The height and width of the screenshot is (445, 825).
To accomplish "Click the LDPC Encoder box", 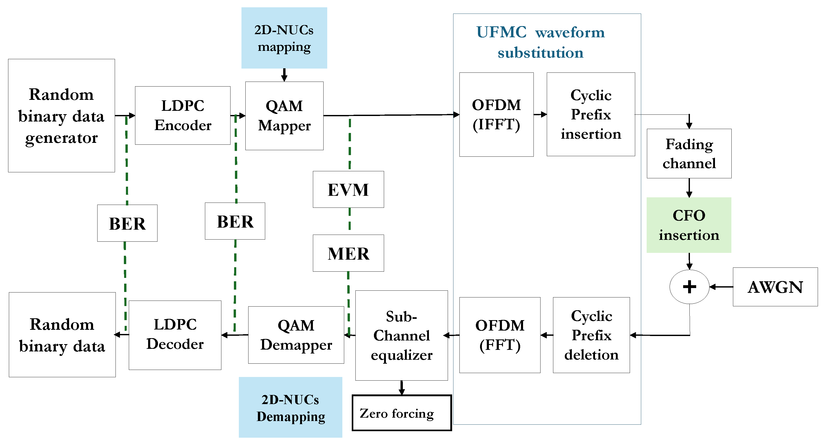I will tap(183, 115).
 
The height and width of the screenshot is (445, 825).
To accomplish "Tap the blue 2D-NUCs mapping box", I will tap(284, 38).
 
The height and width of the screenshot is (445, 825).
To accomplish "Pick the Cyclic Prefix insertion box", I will tap(591, 114).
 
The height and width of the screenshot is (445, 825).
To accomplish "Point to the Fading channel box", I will tap(689, 153).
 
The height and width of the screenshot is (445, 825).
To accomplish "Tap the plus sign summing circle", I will tap(689, 286).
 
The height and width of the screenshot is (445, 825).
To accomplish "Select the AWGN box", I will tap(775, 287).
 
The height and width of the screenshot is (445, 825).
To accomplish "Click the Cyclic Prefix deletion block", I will tap(591, 335).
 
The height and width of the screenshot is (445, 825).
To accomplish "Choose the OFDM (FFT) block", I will tap(500, 335).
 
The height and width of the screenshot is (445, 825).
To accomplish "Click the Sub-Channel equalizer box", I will tap(401, 335).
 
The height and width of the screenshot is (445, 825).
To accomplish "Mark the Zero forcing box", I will tap(402, 413).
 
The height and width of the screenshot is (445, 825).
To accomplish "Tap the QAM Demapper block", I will tap(296, 335).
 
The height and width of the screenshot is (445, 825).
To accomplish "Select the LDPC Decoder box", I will tap(175, 335).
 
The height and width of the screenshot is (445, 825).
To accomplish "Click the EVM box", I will tap(348, 189).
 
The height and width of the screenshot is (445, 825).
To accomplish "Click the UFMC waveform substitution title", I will tap(540, 42).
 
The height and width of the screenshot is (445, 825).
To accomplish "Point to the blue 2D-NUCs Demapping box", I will tap(290, 407).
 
